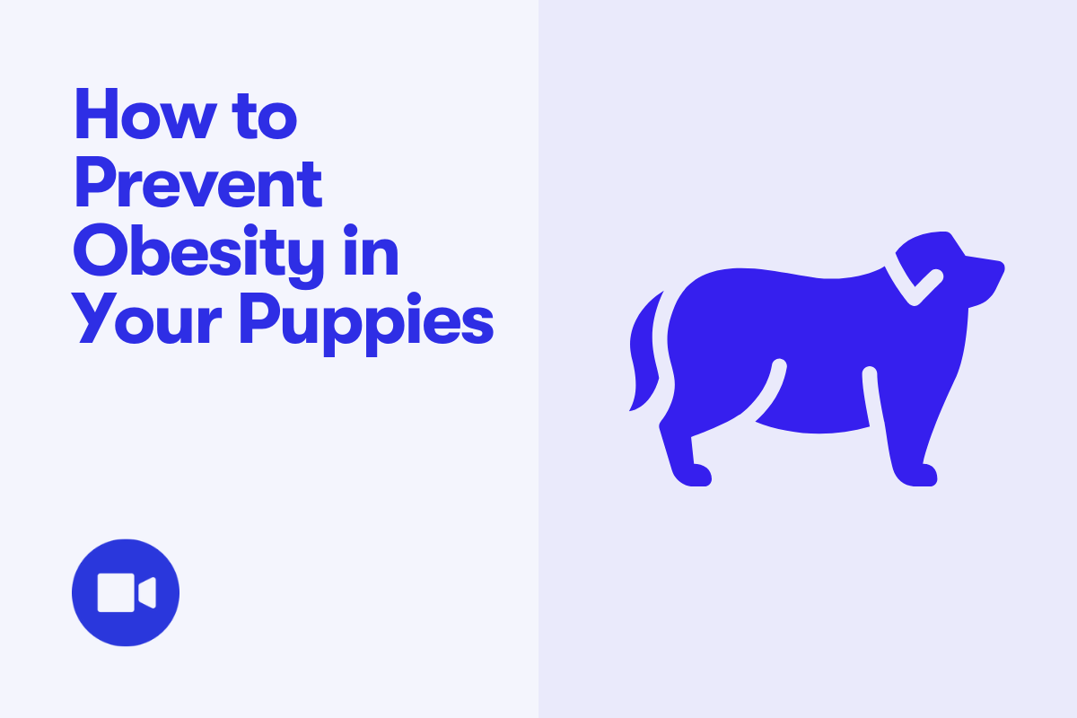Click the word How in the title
pos(145,114)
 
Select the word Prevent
pos(198,183)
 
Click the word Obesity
pos(198,255)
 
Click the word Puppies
pos(366,324)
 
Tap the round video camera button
pos(126,592)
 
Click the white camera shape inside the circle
pos(127,592)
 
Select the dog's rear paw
pos(692,475)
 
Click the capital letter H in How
pos(96,114)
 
